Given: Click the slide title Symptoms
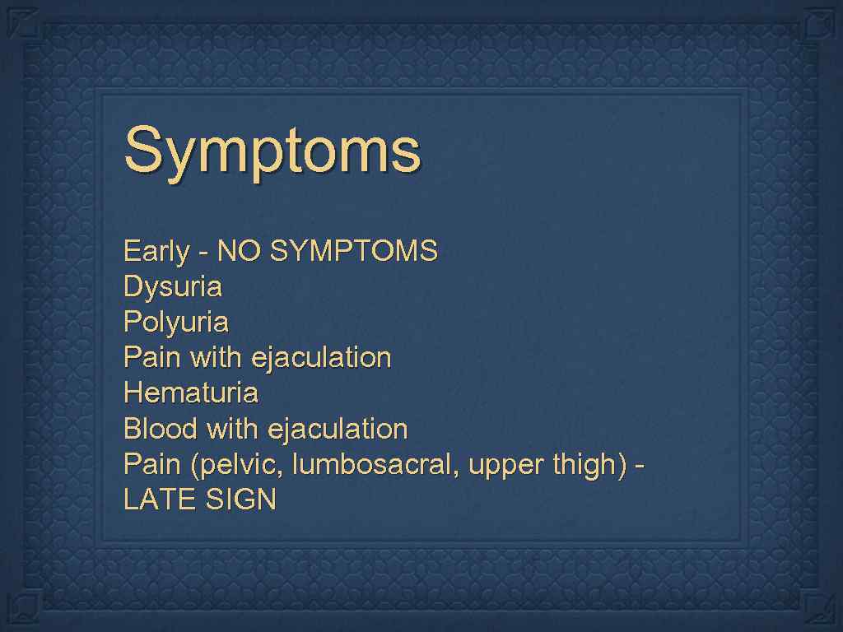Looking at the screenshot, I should pyautogui.click(x=272, y=151).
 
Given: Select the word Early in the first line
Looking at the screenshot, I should pyautogui.click(x=156, y=251).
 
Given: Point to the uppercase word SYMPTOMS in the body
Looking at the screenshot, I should pyautogui.click(x=353, y=250).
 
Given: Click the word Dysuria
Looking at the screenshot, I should pyautogui.click(x=172, y=287).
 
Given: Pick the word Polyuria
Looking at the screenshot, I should pyautogui.click(x=175, y=323).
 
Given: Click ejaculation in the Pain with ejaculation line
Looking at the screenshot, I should pyautogui.click(x=321, y=358).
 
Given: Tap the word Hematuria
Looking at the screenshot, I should pyautogui.click(x=190, y=393).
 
